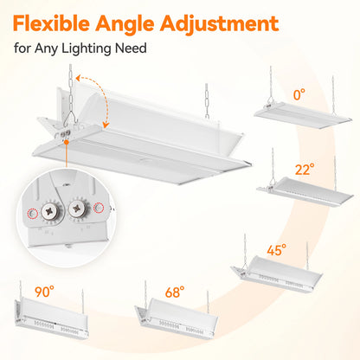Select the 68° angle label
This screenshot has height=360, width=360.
pyautogui.click(x=175, y=292)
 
